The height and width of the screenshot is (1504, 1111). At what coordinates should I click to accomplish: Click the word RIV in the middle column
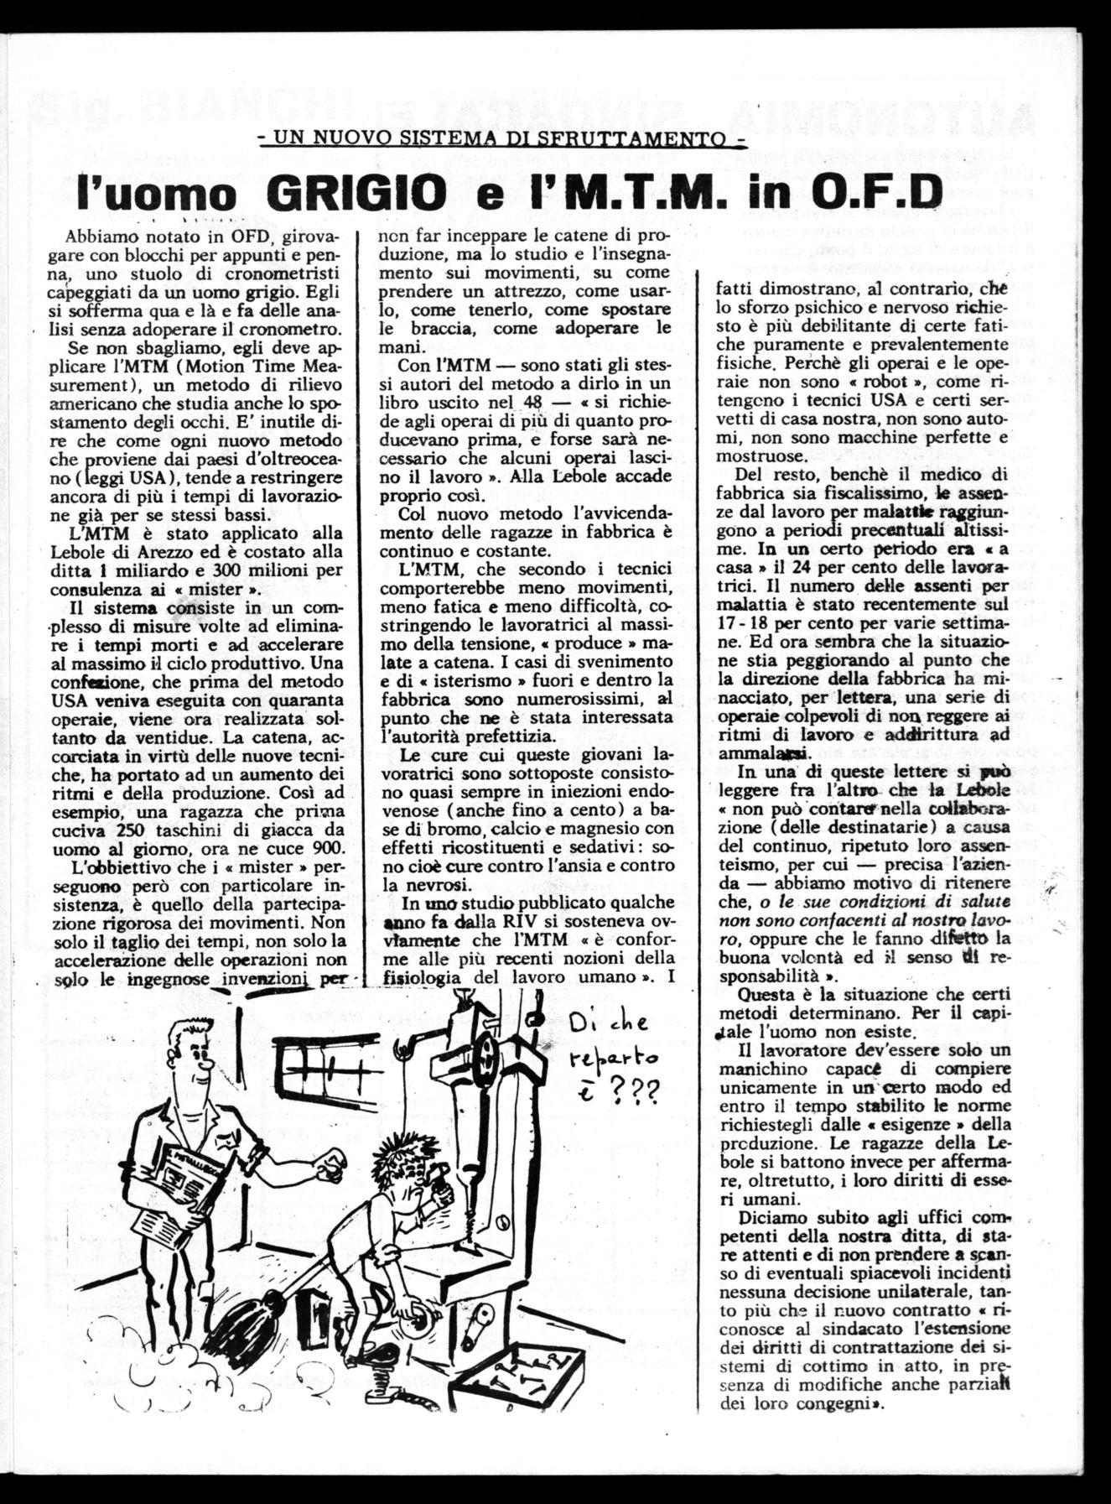522,922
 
